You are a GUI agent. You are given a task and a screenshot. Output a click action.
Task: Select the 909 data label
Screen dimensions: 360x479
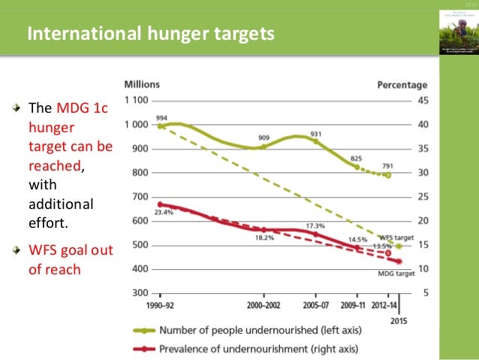[x=264, y=138]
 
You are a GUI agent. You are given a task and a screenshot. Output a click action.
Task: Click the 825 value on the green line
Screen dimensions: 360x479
[x=356, y=159]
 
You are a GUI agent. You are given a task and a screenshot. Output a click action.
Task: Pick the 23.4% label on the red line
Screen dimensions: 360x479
[x=164, y=213]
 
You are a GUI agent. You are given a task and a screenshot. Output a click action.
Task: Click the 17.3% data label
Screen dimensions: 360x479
[x=315, y=225]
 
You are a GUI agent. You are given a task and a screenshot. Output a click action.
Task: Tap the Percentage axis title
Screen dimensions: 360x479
[x=402, y=85]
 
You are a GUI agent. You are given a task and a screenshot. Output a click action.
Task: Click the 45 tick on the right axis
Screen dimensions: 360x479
[x=422, y=101]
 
